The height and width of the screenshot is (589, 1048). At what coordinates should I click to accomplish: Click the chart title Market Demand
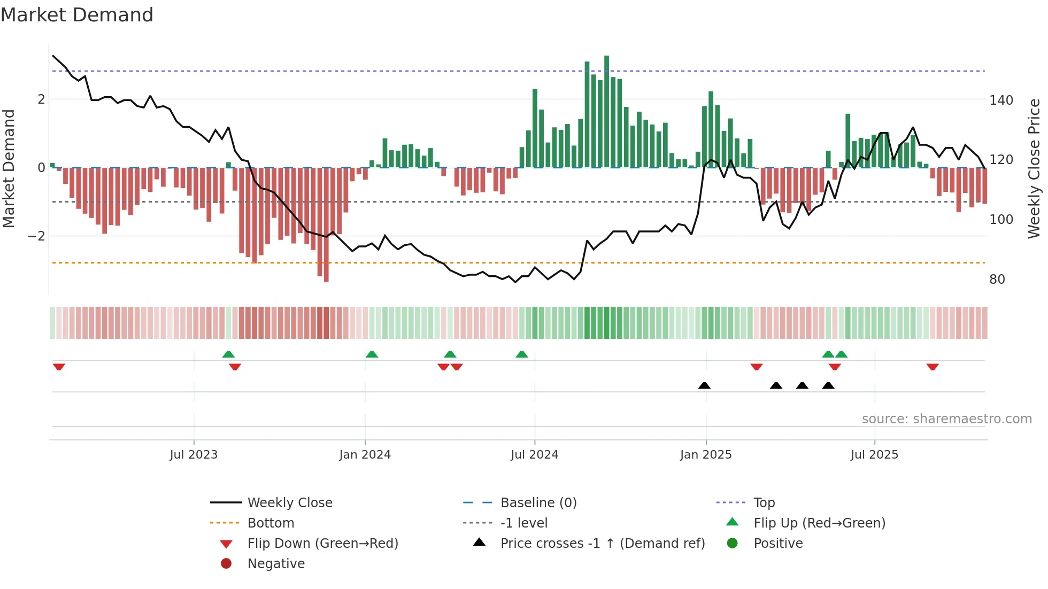77,15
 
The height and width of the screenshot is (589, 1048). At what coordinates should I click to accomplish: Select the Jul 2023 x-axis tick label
194,455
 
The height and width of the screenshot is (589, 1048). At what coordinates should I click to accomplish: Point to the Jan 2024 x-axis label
365,455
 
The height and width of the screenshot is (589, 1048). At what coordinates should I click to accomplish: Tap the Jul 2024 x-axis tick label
534,455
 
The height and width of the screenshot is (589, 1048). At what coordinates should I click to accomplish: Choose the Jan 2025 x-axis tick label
706,455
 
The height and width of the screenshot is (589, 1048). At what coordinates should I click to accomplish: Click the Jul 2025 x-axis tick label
874,455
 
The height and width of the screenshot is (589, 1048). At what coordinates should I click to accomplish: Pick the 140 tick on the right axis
1001,100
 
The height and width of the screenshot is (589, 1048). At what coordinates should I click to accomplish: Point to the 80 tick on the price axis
997,280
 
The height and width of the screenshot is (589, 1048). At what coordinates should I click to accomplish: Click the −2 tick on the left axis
36,236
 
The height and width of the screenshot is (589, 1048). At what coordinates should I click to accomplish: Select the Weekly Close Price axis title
1034,168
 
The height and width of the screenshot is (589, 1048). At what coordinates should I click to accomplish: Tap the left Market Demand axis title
9,168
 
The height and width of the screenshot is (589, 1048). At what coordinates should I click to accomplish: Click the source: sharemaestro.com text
946,419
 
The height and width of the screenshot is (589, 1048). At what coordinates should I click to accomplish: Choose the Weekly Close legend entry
290,503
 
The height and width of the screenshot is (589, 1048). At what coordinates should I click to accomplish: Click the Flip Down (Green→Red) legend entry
322,544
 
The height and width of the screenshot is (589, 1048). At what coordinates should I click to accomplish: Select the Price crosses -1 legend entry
602,544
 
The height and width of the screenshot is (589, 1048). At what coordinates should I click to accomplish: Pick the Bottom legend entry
271,523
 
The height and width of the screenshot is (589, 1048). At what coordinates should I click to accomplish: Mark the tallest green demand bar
606,111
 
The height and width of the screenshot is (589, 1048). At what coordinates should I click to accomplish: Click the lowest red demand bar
326,224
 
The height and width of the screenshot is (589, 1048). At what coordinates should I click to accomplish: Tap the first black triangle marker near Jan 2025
704,386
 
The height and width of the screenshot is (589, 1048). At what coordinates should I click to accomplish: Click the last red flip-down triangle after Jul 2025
933,367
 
